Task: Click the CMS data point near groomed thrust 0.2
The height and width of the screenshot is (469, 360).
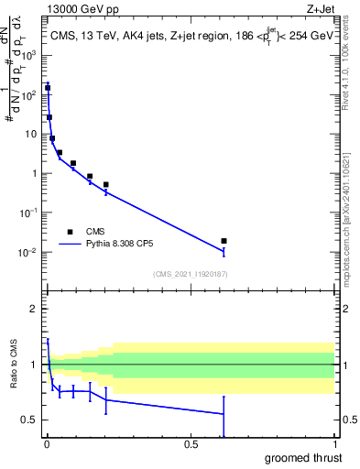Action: click(x=106, y=185)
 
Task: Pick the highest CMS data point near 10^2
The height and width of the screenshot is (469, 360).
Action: click(x=48, y=88)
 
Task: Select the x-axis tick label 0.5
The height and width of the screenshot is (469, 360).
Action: click(x=191, y=443)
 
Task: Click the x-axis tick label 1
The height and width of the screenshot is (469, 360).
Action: click(x=334, y=443)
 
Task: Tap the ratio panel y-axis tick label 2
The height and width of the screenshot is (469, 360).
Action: click(x=34, y=309)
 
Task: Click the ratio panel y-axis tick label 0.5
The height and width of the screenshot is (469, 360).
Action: click(x=30, y=420)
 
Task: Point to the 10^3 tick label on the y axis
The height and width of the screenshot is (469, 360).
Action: click(x=30, y=55)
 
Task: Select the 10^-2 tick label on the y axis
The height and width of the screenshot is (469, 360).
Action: click(x=30, y=252)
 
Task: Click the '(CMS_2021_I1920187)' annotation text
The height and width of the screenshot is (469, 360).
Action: click(x=190, y=274)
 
